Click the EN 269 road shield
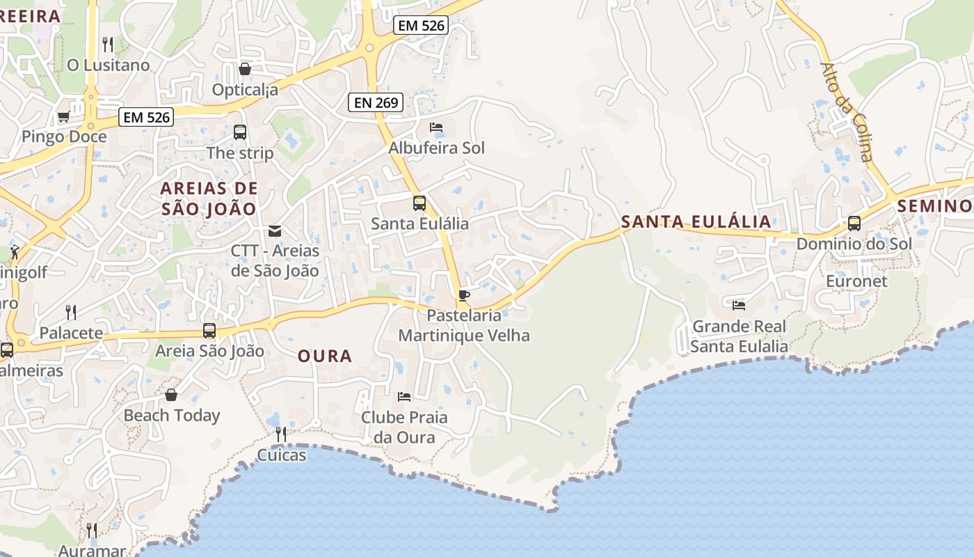click(376, 103)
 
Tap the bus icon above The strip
click(240, 132)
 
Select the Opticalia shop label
click(245, 90)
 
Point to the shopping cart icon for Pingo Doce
click(63, 117)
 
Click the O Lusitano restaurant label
click(108, 65)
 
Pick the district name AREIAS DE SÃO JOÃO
click(209, 198)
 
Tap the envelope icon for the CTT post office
click(275, 231)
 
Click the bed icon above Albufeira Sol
click(436, 127)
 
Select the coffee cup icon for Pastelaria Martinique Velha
click(464, 295)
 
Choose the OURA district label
click(325, 356)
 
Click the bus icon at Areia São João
click(209, 331)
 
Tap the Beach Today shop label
click(171, 416)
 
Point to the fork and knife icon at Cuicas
click(281, 434)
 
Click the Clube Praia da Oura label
click(404, 427)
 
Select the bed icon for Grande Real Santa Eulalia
click(739, 305)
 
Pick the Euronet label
click(856, 281)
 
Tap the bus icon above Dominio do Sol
click(854, 223)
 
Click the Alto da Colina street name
click(846, 111)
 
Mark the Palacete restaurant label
click(71, 333)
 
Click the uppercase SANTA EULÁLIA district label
click(696, 222)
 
